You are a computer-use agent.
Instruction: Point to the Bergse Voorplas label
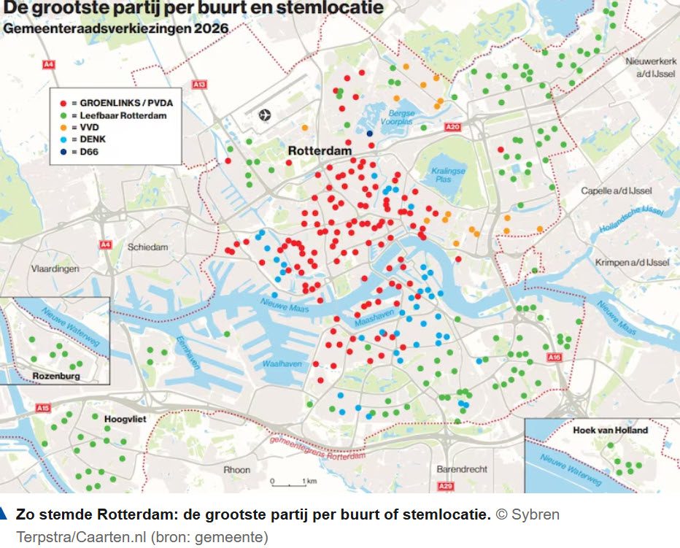(401, 118)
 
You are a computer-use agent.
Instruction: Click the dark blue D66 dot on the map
(370, 134)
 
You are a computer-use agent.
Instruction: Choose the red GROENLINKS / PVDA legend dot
(64, 103)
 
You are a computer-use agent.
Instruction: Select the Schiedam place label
(147, 247)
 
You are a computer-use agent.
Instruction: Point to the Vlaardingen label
(55, 269)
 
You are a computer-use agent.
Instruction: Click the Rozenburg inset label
(56, 377)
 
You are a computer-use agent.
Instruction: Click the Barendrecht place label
(462, 469)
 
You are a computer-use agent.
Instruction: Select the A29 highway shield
(445, 486)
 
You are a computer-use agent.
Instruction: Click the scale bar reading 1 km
(291, 482)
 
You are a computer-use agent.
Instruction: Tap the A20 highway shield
(452, 127)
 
